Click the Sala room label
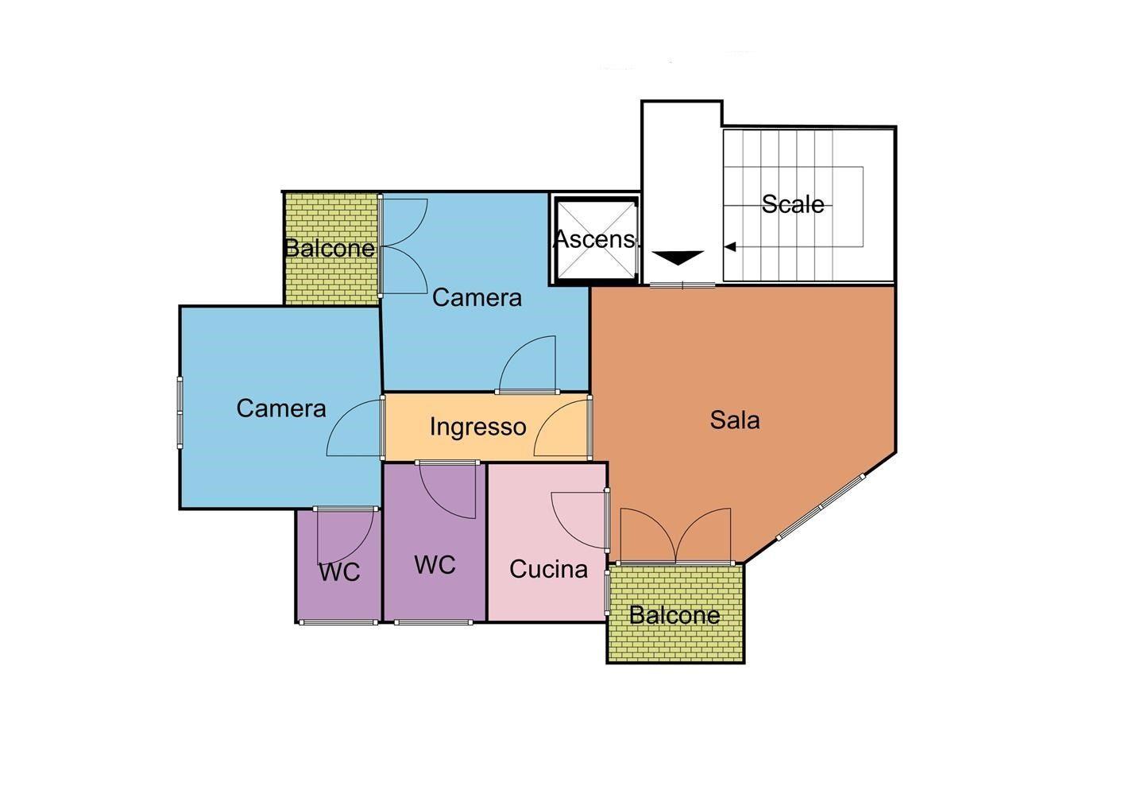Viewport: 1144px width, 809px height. point(735,420)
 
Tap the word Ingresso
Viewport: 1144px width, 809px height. point(477,427)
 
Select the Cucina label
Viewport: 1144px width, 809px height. point(548,569)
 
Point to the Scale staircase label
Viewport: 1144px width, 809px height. point(793,204)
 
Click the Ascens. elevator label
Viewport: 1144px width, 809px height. point(596,239)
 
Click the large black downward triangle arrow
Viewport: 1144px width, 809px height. point(678,257)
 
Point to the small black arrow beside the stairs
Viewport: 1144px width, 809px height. point(730,246)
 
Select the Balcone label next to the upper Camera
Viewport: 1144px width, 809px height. point(330,248)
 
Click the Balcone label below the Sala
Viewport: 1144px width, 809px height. point(674,615)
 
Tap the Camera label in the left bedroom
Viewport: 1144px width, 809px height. point(281,408)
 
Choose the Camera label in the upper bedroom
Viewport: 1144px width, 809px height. point(477,297)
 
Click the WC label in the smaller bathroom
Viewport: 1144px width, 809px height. point(339,572)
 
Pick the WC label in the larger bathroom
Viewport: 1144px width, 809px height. point(435,565)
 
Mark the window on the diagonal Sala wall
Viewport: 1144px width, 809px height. point(821,507)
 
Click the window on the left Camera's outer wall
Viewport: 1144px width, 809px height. point(180,412)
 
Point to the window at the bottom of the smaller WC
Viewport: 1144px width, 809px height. point(338,622)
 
